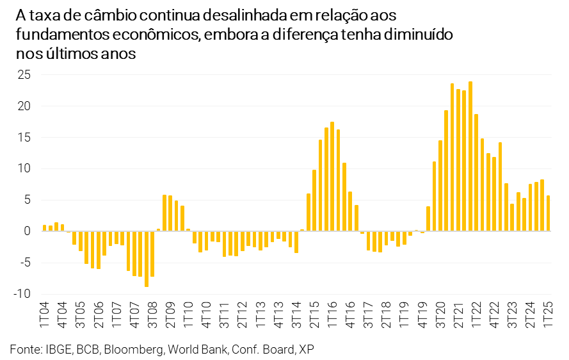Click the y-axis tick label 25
23,75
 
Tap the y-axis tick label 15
23,138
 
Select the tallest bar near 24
470,156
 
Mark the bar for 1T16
332,177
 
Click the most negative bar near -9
147,259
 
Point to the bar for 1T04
44,228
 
